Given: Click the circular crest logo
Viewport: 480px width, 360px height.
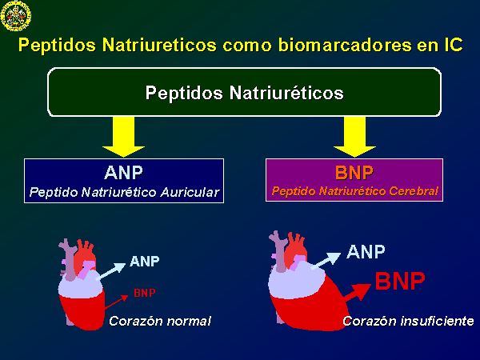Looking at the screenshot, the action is point(16,16).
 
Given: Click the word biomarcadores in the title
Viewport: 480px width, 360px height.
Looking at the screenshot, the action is point(345,45).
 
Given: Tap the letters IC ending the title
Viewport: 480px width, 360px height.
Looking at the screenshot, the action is point(452,45).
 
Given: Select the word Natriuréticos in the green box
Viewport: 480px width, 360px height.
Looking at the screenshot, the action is point(286,93).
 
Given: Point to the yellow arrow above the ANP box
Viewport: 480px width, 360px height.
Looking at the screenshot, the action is point(123,137).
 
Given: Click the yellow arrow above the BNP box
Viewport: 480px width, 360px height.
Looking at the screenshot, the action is point(354,137).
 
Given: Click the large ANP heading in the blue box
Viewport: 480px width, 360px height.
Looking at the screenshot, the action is point(123,173).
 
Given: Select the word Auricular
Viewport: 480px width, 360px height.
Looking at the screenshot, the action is point(190,193).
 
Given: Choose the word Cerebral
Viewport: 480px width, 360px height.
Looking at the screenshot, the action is point(414,191).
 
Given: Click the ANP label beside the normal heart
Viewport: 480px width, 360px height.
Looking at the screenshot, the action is point(145,261).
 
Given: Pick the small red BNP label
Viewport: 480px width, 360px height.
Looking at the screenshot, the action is point(145,293).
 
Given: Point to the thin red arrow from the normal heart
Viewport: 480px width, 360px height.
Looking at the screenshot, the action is point(116,302).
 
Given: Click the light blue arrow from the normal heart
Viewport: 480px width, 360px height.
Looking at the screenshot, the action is point(110,271).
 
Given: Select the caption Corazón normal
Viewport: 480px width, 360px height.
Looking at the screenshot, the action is point(160,321).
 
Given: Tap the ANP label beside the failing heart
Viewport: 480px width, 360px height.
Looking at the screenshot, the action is point(366,252).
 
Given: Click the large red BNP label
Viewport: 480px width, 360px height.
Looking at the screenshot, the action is point(400,281).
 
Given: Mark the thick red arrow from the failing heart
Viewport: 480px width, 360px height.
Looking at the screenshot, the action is point(358,293).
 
